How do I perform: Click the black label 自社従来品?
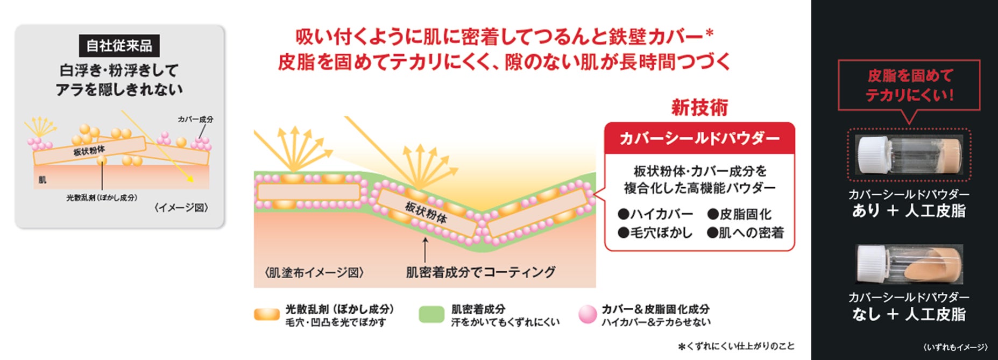click(119, 46)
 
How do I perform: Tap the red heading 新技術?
click(699, 108)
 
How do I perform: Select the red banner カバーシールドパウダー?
click(699, 139)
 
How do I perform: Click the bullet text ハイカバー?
click(656, 214)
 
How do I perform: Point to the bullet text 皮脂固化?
click(740, 214)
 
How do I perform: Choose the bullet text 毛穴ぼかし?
click(656, 233)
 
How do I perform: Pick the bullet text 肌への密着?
click(746, 233)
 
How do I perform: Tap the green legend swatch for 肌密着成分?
click(431, 315)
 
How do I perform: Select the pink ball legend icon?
click(587, 315)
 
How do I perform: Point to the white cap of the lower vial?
click(872, 264)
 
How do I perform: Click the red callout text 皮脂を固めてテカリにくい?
click(909, 86)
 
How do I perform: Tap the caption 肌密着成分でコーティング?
click(480, 272)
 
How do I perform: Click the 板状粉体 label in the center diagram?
click(426, 212)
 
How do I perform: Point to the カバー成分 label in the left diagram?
click(195, 119)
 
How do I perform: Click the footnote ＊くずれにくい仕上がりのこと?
click(735, 346)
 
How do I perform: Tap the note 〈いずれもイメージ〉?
click(954, 347)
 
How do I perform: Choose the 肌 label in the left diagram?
click(43, 180)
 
